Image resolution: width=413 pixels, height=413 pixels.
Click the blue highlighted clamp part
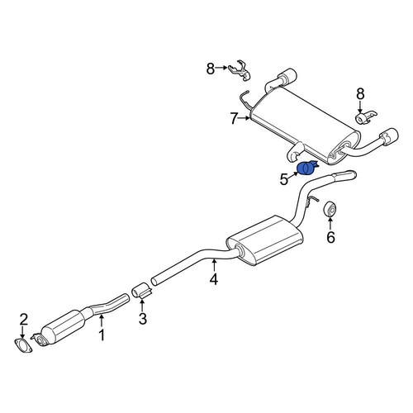(x=307, y=168)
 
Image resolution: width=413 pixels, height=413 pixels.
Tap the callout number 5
(x=284, y=180)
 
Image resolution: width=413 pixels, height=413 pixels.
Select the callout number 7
(x=234, y=119)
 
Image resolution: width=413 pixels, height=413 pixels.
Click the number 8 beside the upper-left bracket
(x=211, y=69)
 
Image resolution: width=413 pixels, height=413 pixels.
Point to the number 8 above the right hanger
(x=360, y=94)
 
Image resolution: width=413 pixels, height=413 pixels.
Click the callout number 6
(x=330, y=237)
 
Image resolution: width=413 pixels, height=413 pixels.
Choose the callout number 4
(x=214, y=279)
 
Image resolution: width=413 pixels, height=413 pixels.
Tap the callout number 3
(x=143, y=319)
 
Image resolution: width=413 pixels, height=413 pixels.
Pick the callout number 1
(x=102, y=335)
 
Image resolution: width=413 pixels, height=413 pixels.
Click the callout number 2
(x=23, y=320)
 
